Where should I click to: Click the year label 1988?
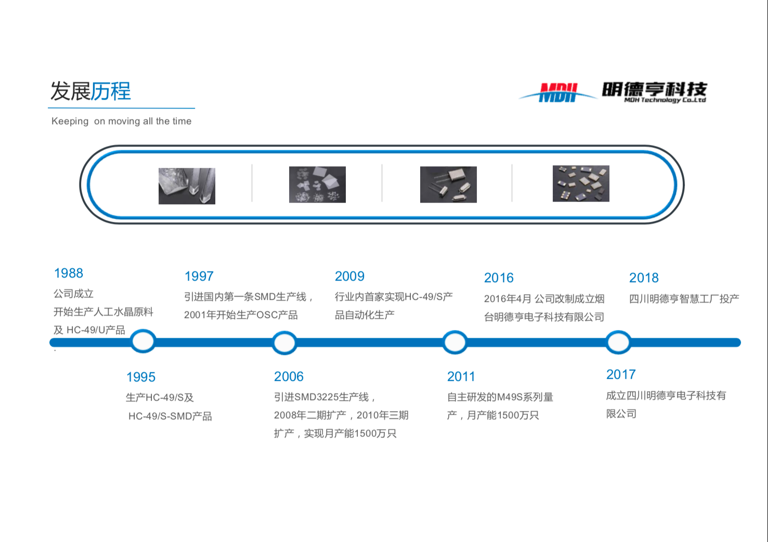click(x=69, y=273)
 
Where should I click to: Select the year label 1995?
click(x=141, y=377)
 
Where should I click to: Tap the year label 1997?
click(x=199, y=276)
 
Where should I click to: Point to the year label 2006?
click(x=289, y=377)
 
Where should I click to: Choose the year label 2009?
click(x=349, y=276)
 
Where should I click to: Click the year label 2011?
click(x=461, y=377)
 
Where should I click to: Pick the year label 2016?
click(x=499, y=278)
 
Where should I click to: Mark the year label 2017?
click(x=621, y=375)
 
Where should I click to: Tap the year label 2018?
click(x=644, y=278)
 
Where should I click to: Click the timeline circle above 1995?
click(x=143, y=341)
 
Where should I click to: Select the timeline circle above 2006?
click(x=284, y=342)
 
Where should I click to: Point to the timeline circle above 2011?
click(x=454, y=342)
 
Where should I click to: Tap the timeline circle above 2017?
click(x=618, y=342)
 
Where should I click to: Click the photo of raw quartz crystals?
click(x=187, y=186)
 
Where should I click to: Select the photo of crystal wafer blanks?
click(x=318, y=184)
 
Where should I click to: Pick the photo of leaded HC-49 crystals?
click(x=448, y=184)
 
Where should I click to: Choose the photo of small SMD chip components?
click(x=581, y=183)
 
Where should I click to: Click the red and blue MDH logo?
click(x=558, y=92)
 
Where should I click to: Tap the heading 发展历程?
click(x=91, y=91)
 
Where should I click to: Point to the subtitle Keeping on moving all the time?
click(x=121, y=121)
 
